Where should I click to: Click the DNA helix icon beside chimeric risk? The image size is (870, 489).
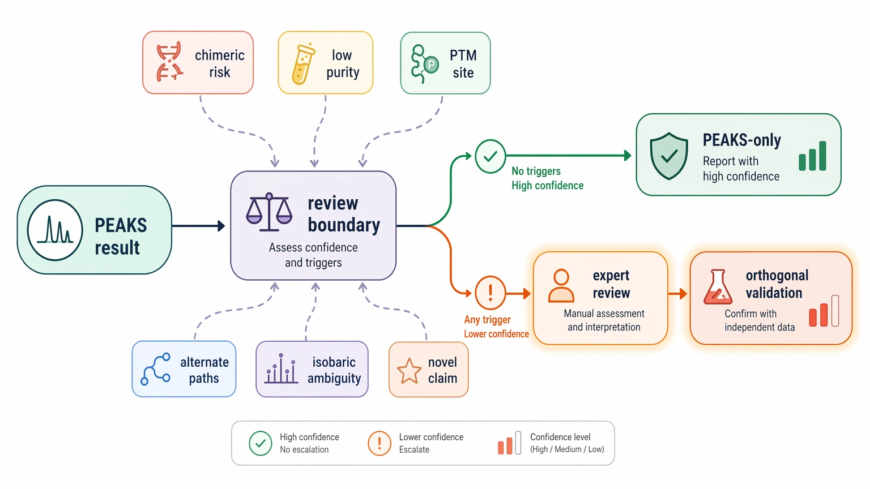tap(169, 62)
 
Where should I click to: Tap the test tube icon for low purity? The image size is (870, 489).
tap(302, 64)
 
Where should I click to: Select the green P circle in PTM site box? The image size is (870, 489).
tap(430, 65)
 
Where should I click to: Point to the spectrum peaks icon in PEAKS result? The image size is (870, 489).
tap(55, 230)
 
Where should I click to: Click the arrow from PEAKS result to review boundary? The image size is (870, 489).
tap(198, 225)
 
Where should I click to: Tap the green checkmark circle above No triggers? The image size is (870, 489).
tap(490, 156)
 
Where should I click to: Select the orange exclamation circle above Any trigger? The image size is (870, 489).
tap(490, 293)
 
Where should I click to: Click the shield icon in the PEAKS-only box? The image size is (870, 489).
tap(669, 156)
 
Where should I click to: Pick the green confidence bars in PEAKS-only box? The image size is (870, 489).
tap(812, 156)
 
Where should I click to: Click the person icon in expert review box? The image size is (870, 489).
tap(561, 286)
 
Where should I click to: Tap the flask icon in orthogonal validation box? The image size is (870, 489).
tap(718, 287)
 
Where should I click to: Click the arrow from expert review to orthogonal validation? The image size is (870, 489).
tap(677, 293)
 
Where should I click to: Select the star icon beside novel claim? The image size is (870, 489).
tap(410, 371)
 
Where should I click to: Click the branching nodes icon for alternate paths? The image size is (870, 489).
tap(155, 368)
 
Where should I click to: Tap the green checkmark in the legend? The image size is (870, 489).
tap(260, 443)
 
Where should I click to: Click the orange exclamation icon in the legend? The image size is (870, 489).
tap(379, 443)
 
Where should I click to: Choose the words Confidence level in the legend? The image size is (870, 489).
tap(560, 437)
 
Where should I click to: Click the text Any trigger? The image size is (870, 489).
tap(488, 319)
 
